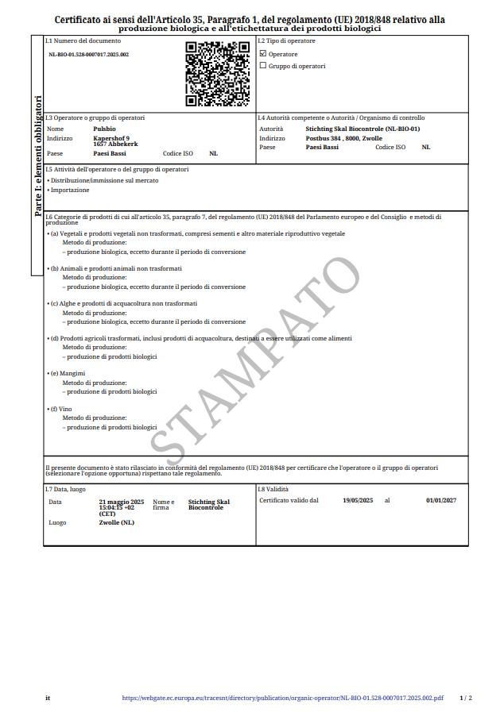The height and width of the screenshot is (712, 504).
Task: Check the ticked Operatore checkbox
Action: point(263,54)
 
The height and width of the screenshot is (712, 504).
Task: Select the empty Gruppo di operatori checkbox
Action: point(263,66)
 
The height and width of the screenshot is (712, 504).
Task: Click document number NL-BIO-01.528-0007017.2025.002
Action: point(88,54)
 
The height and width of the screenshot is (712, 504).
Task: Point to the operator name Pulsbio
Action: point(104,128)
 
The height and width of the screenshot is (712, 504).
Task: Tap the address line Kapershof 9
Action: point(111,138)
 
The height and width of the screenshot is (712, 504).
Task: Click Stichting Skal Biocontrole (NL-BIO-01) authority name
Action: point(362,128)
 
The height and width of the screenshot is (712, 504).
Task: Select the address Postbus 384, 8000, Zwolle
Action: point(343,138)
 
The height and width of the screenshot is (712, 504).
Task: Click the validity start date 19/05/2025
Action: point(358,500)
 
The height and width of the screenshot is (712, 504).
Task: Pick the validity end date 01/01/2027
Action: point(441,500)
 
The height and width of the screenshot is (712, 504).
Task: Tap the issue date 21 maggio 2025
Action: point(121,502)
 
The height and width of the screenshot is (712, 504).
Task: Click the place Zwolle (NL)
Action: point(116,522)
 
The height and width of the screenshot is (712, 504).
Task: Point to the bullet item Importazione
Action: point(70,190)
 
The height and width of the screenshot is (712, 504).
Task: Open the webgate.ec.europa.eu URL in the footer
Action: point(283,699)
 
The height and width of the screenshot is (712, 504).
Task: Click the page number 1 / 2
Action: point(466,699)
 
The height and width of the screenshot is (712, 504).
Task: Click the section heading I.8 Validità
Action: point(273,490)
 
